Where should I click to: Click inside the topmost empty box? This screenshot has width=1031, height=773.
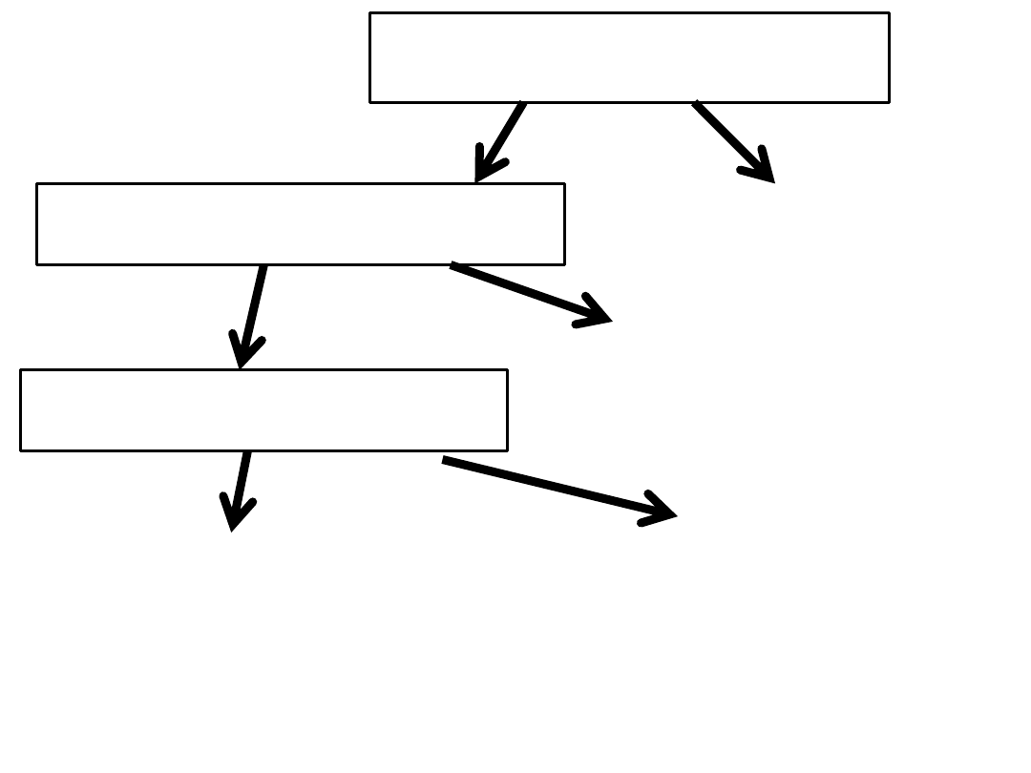[x=629, y=57]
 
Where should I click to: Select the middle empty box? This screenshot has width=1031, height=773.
[x=301, y=224]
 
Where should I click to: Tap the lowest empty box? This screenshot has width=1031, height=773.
[x=263, y=410]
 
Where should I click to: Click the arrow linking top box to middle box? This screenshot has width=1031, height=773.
[x=501, y=140]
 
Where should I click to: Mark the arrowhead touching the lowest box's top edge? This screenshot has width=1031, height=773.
[x=242, y=358]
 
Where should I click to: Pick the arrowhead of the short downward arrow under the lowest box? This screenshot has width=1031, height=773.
[x=234, y=520]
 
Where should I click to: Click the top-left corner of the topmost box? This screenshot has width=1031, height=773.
[x=370, y=13]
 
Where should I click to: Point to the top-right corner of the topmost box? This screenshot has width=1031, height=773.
[x=889, y=13]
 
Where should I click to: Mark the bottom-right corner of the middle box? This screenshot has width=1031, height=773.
[x=564, y=264]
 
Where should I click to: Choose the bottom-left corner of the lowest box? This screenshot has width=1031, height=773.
[x=21, y=450]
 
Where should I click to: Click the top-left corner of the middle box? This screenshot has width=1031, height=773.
[x=37, y=184]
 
